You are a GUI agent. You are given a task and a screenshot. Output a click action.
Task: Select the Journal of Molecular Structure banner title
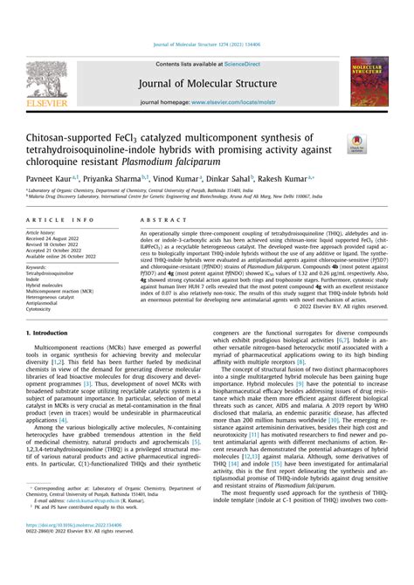[207, 85]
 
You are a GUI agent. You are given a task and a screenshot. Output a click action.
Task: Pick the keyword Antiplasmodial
[45, 302]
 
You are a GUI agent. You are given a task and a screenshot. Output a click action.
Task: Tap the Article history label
[41, 233]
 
